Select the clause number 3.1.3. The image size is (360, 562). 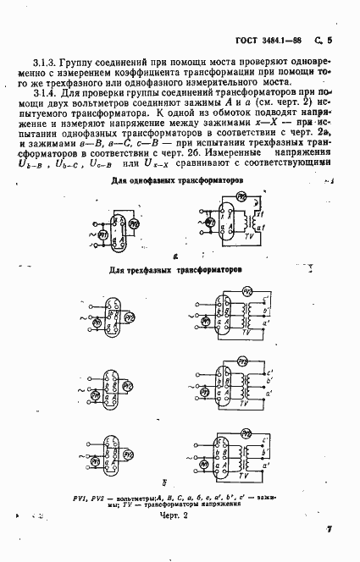tap(46, 63)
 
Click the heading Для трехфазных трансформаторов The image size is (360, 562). tap(175, 271)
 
